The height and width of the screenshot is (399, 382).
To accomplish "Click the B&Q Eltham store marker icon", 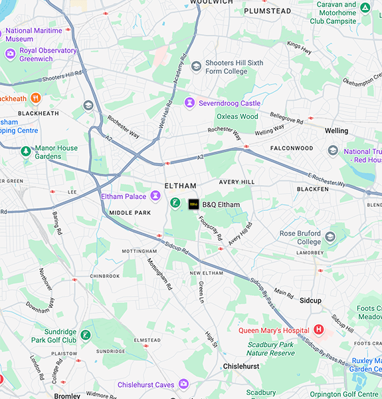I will (x=193, y=204).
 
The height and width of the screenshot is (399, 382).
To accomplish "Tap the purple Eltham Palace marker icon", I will (x=155, y=196).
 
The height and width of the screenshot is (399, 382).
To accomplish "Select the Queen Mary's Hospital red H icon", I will (x=319, y=331).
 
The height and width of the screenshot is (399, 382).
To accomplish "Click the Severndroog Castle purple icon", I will (x=190, y=102).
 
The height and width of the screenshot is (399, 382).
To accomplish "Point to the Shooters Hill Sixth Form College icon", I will (x=196, y=66).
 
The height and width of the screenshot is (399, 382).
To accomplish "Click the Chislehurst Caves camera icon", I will (x=183, y=384).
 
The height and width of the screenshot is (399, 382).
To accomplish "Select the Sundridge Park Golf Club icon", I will (x=86, y=334).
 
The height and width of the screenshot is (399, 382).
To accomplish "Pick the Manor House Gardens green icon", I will (x=25, y=152).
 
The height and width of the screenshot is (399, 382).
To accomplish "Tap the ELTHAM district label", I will (x=181, y=186).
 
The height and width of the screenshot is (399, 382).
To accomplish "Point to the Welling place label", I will (x=336, y=131).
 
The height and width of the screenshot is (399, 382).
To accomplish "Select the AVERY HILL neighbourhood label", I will (x=237, y=182).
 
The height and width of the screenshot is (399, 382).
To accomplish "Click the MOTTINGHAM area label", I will (x=139, y=251).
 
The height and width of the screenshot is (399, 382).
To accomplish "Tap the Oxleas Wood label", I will (x=237, y=116).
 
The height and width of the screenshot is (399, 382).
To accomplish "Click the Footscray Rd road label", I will (x=211, y=228).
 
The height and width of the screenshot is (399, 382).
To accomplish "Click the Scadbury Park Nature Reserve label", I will (x=270, y=348).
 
